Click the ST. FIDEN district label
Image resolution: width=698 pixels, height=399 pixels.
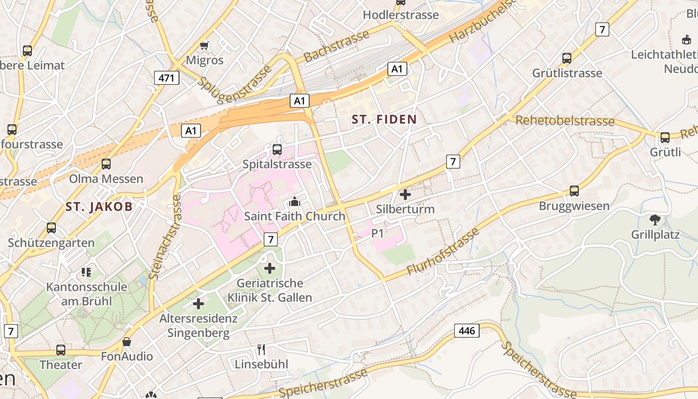(x=384, y=120)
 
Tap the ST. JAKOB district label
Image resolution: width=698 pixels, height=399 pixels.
(x=99, y=206)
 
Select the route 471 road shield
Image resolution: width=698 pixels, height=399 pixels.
(x=167, y=78)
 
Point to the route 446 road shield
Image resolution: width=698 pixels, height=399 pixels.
(x=467, y=330)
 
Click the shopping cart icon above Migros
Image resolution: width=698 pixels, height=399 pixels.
(x=204, y=46)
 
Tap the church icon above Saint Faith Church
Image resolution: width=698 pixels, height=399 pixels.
(x=295, y=202)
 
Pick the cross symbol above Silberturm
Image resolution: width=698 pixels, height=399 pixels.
(x=405, y=194)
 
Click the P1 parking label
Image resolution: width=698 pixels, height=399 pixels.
(x=377, y=233)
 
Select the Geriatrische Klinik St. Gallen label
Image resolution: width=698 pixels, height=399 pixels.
(x=270, y=290)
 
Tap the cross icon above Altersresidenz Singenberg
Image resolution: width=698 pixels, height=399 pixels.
(x=198, y=303)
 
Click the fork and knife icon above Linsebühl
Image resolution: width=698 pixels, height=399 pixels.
(x=261, y=349)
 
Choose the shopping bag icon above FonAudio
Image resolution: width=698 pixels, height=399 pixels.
(x=127, y=342)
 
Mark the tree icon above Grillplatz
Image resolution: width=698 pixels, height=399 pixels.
(x=655, y=219)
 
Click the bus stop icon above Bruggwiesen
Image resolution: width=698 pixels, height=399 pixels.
(x=574, y=191)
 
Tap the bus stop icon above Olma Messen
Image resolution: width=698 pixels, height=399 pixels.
(x=106, y=164)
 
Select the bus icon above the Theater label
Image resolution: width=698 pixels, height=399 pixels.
(x=61, y=350)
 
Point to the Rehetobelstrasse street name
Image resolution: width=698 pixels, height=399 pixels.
(x=565, y=121)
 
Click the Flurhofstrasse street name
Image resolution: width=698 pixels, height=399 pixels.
(x=443, y=252)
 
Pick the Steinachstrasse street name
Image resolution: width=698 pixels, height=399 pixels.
(x=164, y=236)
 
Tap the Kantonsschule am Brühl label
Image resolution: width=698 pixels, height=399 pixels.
(x=87, y=294)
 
